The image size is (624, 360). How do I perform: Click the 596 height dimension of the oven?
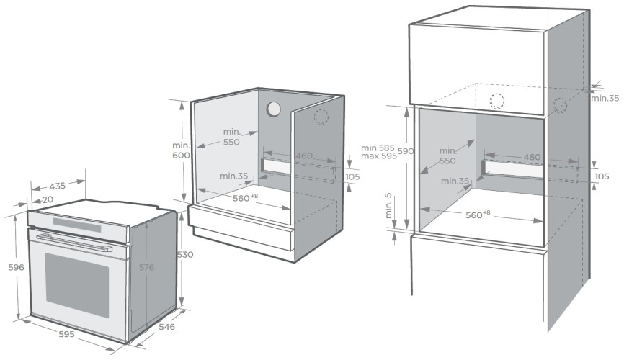[17, 267]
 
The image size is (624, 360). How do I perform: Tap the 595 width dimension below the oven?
[66, 335]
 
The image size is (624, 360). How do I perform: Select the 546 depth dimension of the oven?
[166, 327]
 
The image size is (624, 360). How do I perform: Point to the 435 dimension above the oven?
[58, 186]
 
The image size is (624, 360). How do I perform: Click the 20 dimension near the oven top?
[48, 199]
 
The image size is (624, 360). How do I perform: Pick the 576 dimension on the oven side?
[146, 267]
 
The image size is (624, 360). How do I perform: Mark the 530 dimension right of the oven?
[185, 255]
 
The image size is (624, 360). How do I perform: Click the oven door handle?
[74, 243]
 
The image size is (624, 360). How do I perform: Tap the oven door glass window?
[77, 285]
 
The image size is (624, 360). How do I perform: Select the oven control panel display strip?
[77, 225]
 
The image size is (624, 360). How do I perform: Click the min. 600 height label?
[181, 150]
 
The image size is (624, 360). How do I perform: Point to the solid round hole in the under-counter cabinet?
[274, 109]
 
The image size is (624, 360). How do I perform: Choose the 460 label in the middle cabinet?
[305, 156]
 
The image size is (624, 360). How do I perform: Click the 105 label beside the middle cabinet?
[352, 176]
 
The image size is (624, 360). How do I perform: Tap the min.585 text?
[378, 148]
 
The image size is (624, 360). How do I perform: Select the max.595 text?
[379, 156]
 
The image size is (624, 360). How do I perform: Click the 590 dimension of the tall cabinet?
[406, 151]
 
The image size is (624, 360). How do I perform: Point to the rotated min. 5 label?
[388, 206]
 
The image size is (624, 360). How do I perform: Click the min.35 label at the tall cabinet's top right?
[605, 98]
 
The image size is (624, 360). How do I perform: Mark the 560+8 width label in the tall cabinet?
[478, 215]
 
